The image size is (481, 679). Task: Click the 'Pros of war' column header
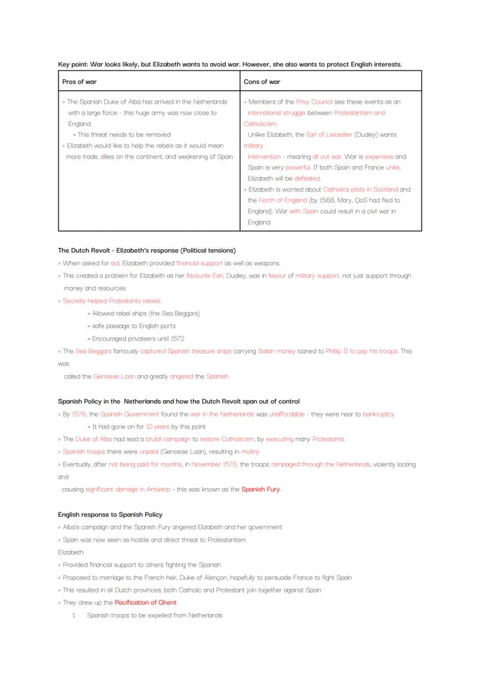(79, 82)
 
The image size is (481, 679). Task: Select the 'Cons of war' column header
(261, 82)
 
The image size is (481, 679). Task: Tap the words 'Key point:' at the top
(73, 64)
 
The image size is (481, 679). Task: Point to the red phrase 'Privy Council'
(314, 102)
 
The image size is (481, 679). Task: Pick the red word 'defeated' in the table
(307, 178)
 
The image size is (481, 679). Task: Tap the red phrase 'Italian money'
(277, 351)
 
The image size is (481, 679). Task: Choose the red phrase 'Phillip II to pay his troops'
(361, 351)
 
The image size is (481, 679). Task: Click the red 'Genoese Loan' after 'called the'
(114, 376)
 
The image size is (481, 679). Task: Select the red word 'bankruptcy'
(378, 414)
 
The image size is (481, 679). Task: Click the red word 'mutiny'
(250, 452)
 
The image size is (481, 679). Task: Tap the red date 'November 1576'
(214, 465)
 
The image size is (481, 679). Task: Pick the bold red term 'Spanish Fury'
(261, 490)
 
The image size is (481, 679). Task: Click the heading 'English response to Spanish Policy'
(110, 515)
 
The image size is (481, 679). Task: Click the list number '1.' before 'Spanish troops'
(74, 616)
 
